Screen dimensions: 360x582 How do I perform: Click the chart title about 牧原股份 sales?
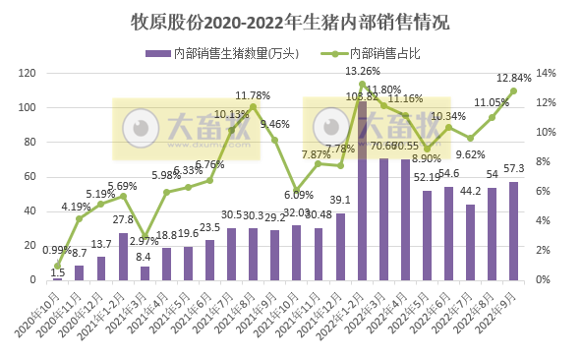(x=291, y=19)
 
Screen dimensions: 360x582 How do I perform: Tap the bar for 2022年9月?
(x=513, y=231)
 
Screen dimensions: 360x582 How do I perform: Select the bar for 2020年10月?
(x=57, y=278)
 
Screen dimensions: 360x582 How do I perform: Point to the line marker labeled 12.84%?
(x=513, y=91)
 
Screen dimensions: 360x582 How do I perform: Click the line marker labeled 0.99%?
(x=57, y=266)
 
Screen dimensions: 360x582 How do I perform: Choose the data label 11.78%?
(x=254, y=94)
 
